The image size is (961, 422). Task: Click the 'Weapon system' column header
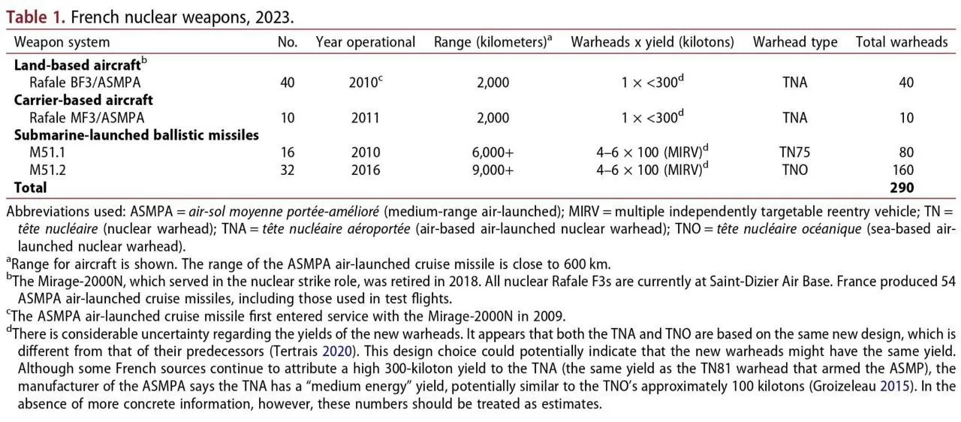[62, 42]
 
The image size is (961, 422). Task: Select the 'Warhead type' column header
[795, 42]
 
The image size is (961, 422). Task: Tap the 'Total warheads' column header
[902, 42]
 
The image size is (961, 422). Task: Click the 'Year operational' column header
[366, 42]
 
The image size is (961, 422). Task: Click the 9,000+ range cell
[493, 170]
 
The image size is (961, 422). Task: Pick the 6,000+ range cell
[493, 152]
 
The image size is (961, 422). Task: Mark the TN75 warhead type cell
[795, 152]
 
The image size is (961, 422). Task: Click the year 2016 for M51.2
[366, 170]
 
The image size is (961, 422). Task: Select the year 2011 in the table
[366, 117]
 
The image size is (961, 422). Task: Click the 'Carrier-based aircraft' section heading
[83, 100]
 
